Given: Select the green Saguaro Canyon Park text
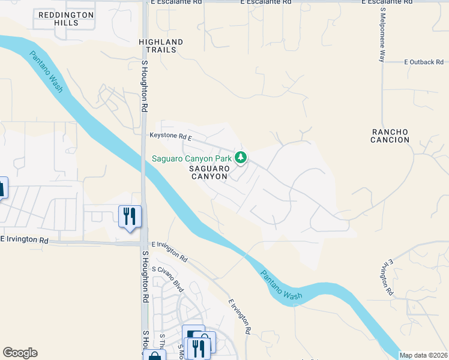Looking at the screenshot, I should tap(191, 158).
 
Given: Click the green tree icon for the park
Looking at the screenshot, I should tap(241, 158).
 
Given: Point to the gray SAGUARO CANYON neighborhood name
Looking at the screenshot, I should tap(209, 173).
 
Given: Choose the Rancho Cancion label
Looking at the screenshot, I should tap(390, 136).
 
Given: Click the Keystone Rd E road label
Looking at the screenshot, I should tap(170, 137).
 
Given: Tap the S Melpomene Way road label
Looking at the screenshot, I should tap(382, 35).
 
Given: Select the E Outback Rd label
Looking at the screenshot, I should tap(424, 62).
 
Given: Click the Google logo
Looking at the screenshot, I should tap(20, 353).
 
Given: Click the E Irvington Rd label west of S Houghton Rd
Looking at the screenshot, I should tap(24, 239).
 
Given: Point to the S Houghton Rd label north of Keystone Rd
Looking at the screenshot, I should tap(145, 87).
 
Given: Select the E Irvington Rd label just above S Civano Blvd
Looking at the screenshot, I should tap(170, 252).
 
